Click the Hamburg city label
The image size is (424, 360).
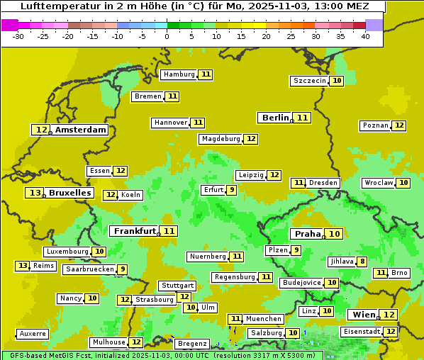point(179,74)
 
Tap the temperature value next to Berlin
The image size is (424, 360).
point(303,118)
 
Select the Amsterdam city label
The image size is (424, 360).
point(81,130)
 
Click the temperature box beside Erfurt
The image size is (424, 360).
point(231,190)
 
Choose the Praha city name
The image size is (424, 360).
point(308,234)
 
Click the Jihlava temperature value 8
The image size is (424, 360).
point(362,261)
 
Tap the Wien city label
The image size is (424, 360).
point(364,315)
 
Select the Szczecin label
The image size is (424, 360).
point(310,81)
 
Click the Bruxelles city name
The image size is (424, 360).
point(69,193)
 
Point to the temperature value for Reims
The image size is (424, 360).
point(23,266)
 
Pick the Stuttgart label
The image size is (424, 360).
point(177,286)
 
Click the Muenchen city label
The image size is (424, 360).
point(264,319)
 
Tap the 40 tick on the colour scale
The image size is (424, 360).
point(365,36)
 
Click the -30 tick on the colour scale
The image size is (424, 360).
point(18,36)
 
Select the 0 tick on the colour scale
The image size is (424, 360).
point(167,36)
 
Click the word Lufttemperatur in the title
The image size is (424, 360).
point(56,6)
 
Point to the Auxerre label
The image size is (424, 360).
point(33,334)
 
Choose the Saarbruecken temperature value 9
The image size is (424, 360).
point(123,269)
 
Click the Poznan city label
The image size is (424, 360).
point(375,125)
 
